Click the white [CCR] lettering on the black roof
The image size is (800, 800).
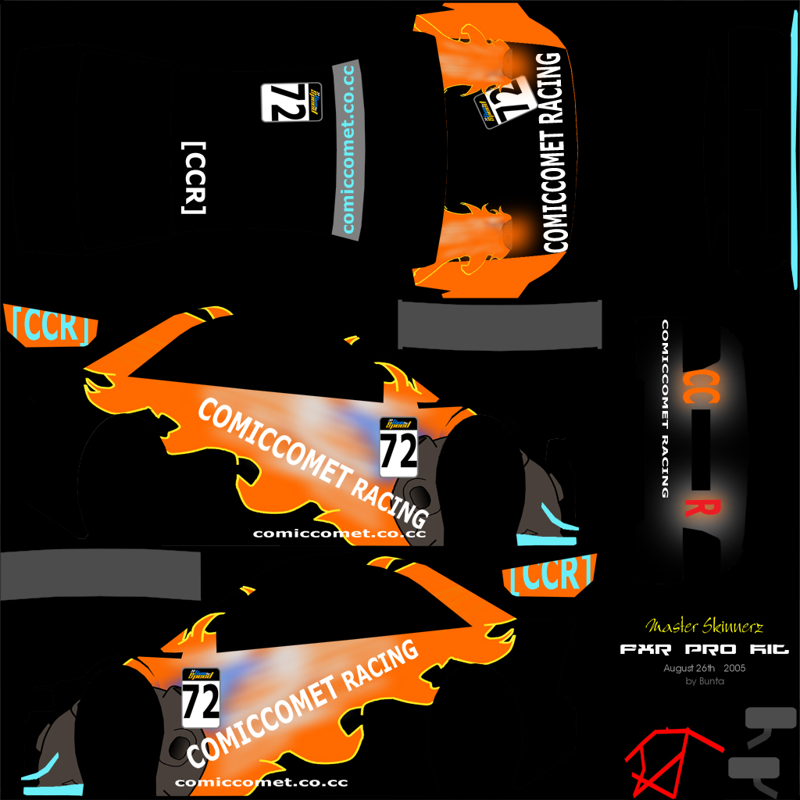tap(193, 178)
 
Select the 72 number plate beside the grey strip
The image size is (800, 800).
tap(291, 102)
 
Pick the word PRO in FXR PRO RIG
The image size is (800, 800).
tap(708, 649)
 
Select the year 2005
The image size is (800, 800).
tap(734, 668)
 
